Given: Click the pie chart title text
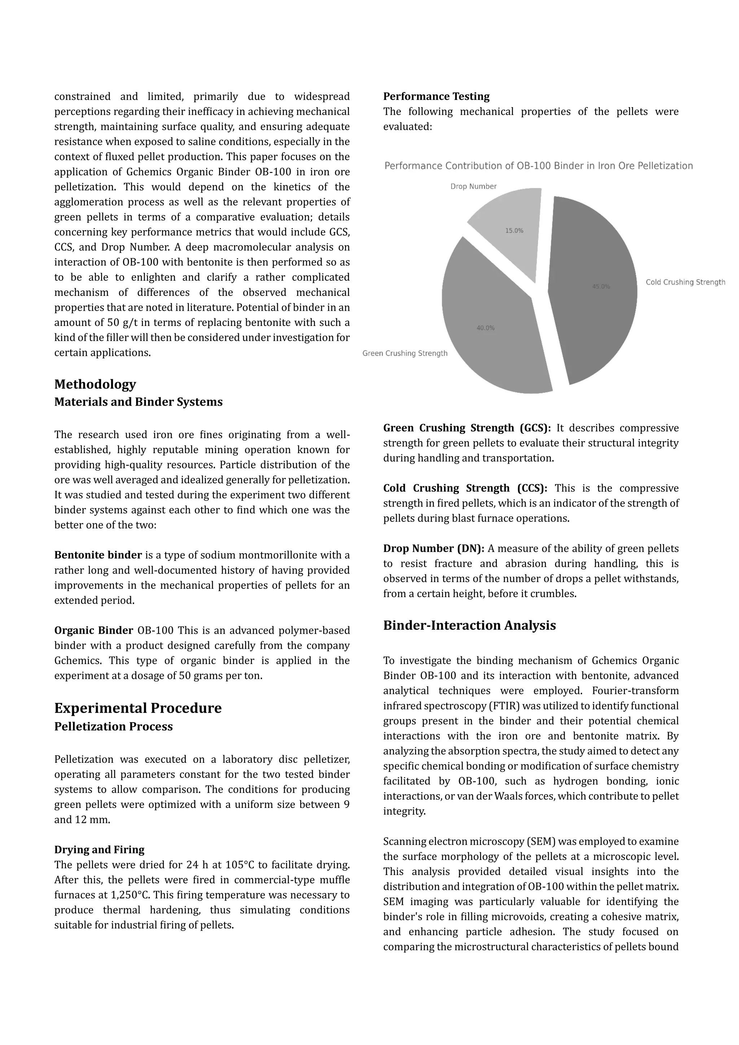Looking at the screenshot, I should [x=538, y=166].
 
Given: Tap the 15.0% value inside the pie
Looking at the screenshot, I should [x=514, y=231].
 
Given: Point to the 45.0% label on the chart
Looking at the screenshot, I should [x=601, y=287].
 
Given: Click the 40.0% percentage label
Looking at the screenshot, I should [x=486, y=328].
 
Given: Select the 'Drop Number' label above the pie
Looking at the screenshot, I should [x=473, y=187].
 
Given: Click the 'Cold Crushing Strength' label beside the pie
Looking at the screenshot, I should [x=685, y=282].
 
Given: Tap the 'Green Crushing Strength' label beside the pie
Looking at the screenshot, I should [x=405, y=353].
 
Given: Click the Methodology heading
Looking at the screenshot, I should [x=95, y=384].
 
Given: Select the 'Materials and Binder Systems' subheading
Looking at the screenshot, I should [x=138, y=402].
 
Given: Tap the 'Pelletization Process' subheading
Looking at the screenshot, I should [x=113, y=726].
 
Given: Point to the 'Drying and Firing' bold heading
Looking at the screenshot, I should [x=99, y=850].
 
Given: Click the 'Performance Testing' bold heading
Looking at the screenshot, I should [x=436, y=96].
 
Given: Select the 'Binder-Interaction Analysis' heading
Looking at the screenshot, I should [x=469, y=625].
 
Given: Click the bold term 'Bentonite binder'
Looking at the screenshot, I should [x=98, y=555].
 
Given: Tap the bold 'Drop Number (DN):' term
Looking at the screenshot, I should [x=434, y=548].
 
